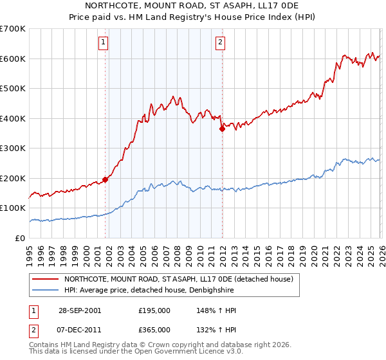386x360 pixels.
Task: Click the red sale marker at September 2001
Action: coord(106,180)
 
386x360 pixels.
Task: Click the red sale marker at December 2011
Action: coord(222,129)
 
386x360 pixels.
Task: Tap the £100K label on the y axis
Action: coord(14,208)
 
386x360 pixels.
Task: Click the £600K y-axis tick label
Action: coord(14,59)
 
